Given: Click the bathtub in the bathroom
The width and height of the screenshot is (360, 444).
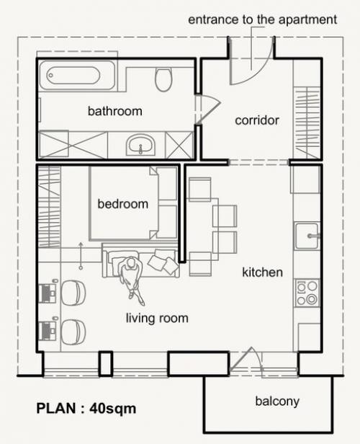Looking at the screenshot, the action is click(77, 75).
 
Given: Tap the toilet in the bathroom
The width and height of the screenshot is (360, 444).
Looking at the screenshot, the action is click(163, 79).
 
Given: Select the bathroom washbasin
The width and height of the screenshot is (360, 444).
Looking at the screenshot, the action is click(140, 144).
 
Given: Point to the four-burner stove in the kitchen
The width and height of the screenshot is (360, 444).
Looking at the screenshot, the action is click(307, 293).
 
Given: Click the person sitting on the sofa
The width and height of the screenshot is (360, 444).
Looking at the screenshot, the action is click(131, 278).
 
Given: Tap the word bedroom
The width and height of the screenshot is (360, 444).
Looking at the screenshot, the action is click(122, 204).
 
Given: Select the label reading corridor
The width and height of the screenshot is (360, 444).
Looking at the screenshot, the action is click(257, 120).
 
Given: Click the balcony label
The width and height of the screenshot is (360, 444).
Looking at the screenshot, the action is click(277, 401).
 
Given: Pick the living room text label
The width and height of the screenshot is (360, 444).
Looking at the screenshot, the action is click(157, 318).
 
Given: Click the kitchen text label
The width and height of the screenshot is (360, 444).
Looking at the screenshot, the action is click(262, 272).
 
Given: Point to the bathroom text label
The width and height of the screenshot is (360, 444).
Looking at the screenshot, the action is click(114, 111).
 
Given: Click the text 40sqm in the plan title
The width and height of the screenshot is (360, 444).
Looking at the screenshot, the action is click(113, 409).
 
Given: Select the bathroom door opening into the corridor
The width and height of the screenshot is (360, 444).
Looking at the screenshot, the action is click(208, 110).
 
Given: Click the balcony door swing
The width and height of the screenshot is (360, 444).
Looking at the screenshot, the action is click(246, 359).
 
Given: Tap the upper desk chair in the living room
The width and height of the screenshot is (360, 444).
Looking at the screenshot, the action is click(73, 293).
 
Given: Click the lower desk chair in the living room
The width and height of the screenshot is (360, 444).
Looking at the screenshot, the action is click(73, 332).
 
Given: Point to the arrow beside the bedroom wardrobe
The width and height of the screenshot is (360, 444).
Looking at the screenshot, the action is click(81, 255).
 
